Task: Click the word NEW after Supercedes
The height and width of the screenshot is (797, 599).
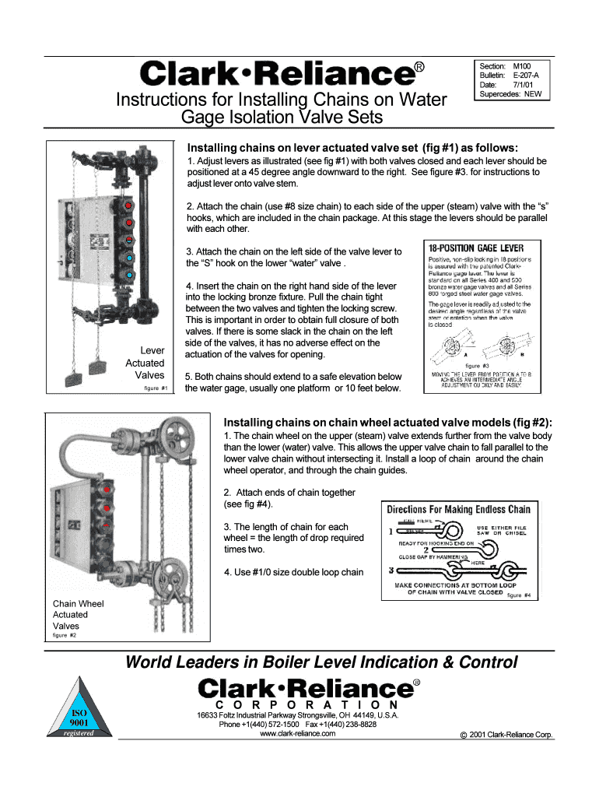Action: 533,94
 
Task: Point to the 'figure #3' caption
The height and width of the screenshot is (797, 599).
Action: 477,365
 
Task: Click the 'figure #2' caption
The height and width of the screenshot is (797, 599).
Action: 64,635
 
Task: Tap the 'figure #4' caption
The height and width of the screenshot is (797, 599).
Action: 519,595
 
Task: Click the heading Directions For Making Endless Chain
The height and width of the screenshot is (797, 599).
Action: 459,510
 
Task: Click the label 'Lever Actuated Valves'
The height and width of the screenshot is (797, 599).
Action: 145,363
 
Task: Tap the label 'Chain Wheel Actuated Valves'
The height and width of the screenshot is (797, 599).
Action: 77,614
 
